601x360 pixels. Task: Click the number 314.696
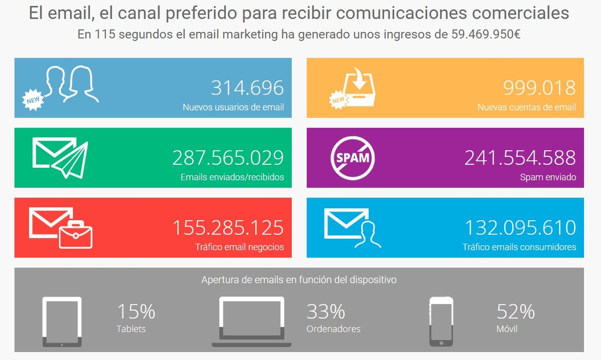click(x=247, y=88)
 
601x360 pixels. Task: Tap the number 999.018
click(x=539, y=88)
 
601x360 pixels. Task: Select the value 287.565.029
click(x=228, y=158)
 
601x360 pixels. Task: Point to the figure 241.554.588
click(x=520, y=158)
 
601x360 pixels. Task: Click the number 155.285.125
click(x=228, y=228)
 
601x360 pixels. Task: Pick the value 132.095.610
click(x=520, y=228)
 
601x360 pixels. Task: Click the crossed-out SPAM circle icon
click(x=353, y=158)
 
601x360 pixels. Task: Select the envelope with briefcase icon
click(x=61, y=228)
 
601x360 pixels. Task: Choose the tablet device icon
click(x=62, y=321)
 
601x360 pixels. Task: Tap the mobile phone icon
click(x=441, y=321)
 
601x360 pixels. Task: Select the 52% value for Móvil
click(x=515, y=311)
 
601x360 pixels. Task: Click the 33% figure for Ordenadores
click(x=326, y=311)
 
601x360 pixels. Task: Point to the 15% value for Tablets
click(x=136, y=311)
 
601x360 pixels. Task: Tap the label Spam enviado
click(x=548, y=177)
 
